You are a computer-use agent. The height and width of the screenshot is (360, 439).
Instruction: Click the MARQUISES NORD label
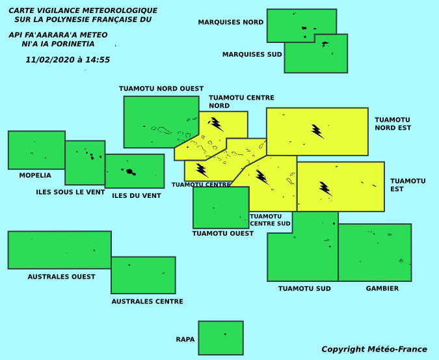[x=231, y=22]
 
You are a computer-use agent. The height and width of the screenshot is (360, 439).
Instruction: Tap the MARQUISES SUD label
[x=252, y=54]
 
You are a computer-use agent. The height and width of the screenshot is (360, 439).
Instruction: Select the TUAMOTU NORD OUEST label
[x=161, y=89]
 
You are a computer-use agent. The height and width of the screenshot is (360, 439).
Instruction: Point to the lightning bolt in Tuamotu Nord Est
[x=318, y=132]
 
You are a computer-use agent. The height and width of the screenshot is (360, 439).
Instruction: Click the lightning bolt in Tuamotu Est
[x=326, y=189]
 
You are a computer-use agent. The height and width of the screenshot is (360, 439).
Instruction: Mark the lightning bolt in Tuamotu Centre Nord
[x=216, y=124]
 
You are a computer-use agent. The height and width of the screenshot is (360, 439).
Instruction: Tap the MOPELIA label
[x=35, y=175]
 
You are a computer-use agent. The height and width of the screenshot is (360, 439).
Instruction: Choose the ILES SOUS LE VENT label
[x=70, y=192]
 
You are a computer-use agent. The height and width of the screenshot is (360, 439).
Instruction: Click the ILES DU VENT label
[x=137, y=195]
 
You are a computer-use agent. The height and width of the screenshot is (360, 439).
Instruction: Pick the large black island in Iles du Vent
[x=129, y=171]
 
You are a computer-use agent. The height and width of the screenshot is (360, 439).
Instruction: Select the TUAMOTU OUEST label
[x=223, y=233]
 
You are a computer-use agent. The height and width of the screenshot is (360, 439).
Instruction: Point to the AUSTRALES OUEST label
[x=61, y=277]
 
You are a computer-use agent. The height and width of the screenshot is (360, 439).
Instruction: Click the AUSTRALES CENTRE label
[x=147, y=301]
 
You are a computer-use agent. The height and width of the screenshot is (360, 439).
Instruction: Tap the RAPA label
[x=185, y=340]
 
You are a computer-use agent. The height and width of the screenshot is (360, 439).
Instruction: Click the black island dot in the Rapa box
[x=225, y=334]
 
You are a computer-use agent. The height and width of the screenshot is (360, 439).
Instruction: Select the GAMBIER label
[x=382, y=288]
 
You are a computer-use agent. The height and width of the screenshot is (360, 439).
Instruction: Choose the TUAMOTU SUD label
[x=304, y=288]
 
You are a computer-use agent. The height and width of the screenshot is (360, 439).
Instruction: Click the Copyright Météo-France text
[x=374, y=350]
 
